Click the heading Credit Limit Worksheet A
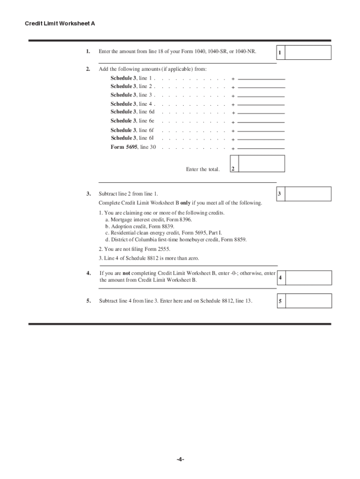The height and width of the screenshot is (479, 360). (x=60, y=23)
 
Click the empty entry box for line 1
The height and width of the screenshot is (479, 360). (x=308, y=52)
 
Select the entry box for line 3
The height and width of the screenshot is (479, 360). (x=308, y=194)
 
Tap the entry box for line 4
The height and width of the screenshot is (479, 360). (x=308, y=278)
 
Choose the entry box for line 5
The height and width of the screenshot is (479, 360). (x=308, y=301)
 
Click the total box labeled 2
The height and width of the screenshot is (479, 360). (x=261, y=164)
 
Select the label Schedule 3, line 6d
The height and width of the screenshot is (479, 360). (x=132, y=112)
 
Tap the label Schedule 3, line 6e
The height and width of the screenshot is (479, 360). (x=132, y=121)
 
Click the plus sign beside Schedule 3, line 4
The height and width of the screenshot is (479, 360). (x=233, y=105)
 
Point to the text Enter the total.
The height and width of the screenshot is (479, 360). (x=202, y=169)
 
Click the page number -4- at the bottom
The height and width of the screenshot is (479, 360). (x=180, y=459)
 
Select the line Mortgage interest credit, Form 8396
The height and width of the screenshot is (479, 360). (x=148, y=219)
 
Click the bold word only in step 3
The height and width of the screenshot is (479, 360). (x=185, y=203)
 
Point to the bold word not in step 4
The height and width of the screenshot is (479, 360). (x=126, y=273)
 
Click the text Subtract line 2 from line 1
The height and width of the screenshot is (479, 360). (x=128, y=194)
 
